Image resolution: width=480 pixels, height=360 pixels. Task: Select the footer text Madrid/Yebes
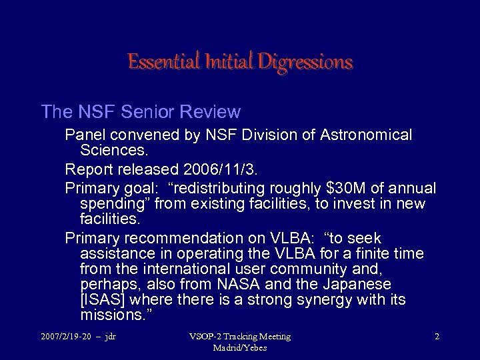point(239,348)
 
